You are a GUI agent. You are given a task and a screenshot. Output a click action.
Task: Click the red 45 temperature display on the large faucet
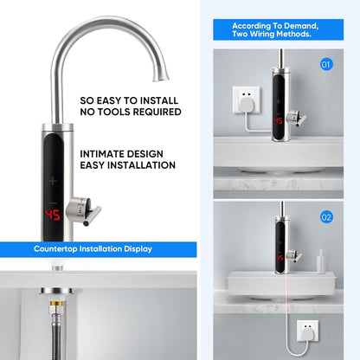click(53, 214)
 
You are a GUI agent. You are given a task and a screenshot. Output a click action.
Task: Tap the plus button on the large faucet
click(53, 181)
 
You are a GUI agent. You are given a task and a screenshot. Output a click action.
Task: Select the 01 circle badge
click(326, 64)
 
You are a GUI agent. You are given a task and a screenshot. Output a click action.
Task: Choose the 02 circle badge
click(326, 217)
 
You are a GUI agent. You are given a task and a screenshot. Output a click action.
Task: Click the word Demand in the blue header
click(301, 25)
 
